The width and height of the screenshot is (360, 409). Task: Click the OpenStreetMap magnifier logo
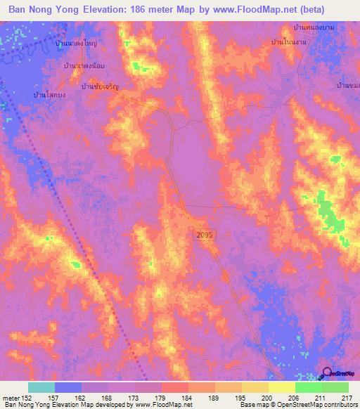(326, 373)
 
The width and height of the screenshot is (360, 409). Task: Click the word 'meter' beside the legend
(11, 397)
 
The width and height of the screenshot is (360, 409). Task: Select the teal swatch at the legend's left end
(41, 387)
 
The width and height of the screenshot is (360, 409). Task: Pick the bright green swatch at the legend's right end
(335, 387)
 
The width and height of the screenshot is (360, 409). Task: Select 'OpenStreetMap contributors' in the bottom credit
(321, 405)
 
